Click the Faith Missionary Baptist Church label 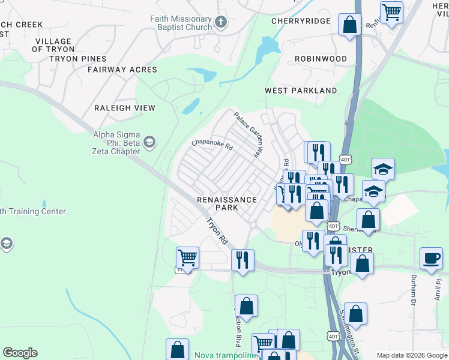tap(181, 23)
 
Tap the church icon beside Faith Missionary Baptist tap(221, 23)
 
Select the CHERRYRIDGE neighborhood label tap(301, 21)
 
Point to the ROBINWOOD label tap(321, 59)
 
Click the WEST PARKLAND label tap(301, 91)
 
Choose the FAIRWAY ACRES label tap(122, 70)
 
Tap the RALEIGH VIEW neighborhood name tap(124, 108)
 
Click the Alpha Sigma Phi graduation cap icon tap(149, 142)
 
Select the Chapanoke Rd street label tap(212, 143)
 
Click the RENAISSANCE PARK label tap(227, 203)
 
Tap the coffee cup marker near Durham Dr tap(431, 259)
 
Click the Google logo tap(20, 353)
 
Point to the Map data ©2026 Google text tap(411, 355)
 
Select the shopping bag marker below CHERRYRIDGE tap(349, 25)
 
